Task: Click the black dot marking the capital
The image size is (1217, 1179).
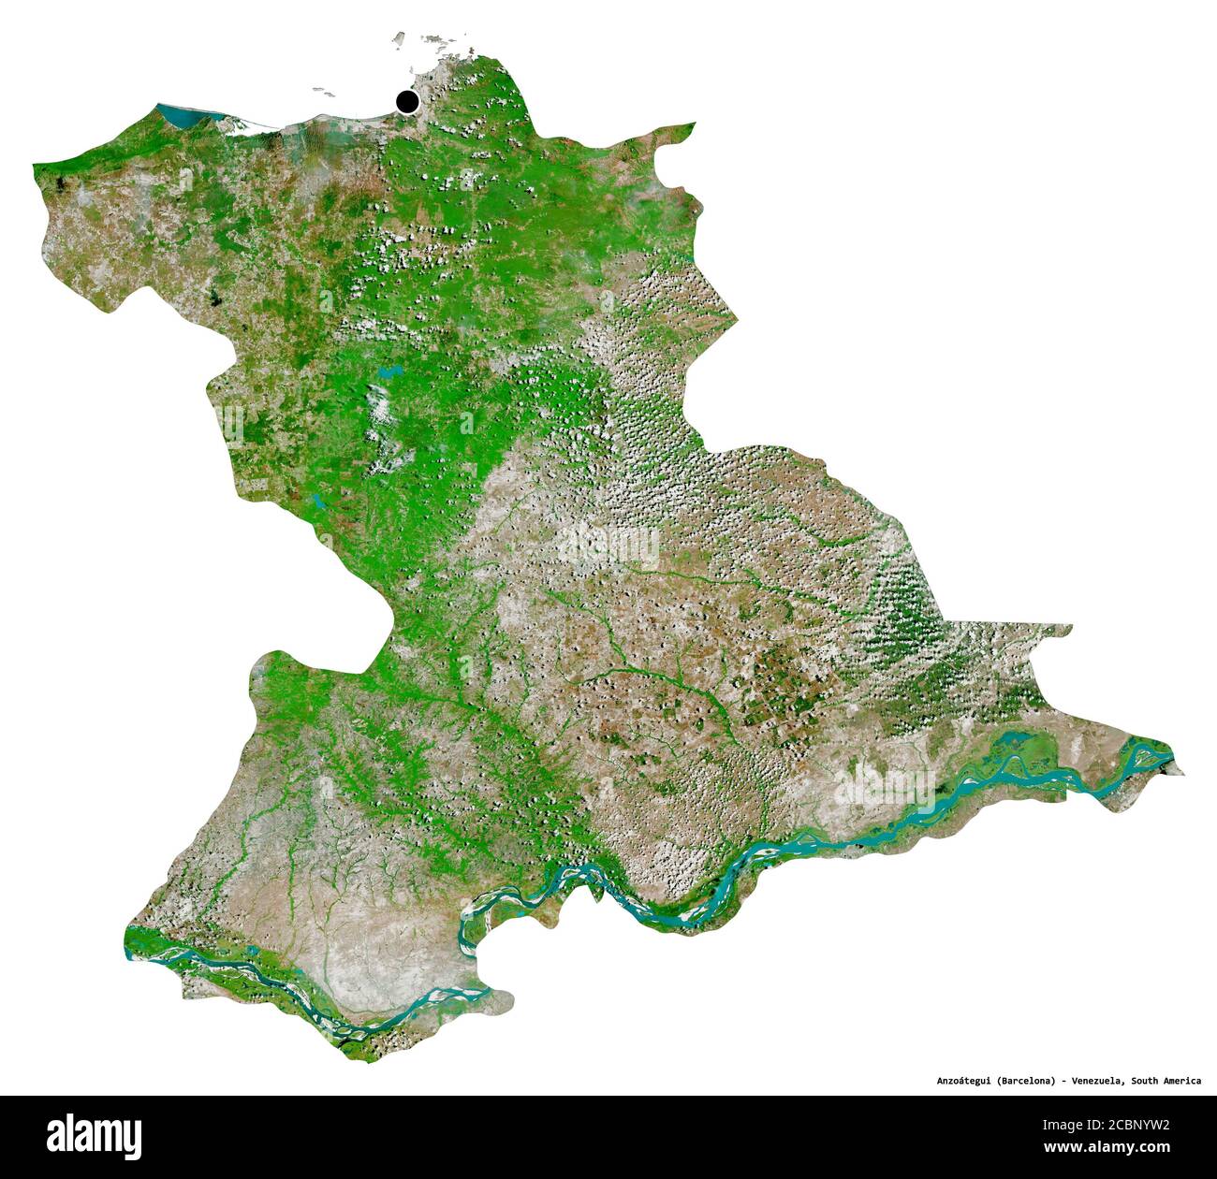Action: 407,102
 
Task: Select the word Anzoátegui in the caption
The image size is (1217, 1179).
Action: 964,1081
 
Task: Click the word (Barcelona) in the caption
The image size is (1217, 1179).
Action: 1028,1081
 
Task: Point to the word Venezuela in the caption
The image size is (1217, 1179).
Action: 1097,1081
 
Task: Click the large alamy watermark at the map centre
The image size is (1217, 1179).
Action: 608,543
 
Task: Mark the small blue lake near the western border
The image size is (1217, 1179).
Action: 319,502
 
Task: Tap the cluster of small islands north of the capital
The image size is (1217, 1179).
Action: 431,41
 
